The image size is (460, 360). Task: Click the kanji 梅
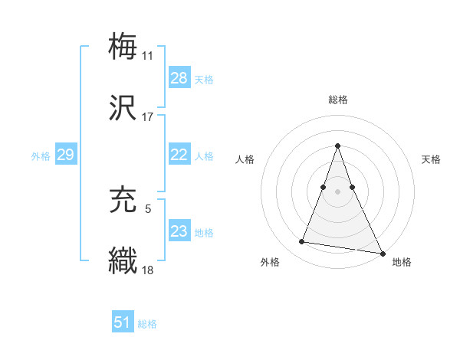pyautogui.click(x=123, y=46)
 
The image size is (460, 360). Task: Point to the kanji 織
pyautogui.click(x=123, y=260)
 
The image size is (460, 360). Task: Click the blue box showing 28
pyautogui.click(x=179, y=78)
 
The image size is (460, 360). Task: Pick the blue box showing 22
pyautogui.click(x=179, y=155)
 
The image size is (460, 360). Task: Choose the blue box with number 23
pyautogui.click(x=179, y=231)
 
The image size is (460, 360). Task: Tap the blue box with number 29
pyautogui.click(x=65, y=155)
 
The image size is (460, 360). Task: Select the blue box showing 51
pyautogui.click(x=123, y=322)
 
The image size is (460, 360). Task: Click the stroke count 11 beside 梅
pyautogui.click(x=147, y=55)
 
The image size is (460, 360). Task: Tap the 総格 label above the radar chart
pyautogui.click(x=338, y=100)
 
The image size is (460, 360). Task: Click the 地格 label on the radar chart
pyautogui.click(x=402, y=262)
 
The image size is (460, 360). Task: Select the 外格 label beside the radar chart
pyautogui.click(x=270, y=262)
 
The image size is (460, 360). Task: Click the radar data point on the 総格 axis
pyautogui.click(x=338, y=146)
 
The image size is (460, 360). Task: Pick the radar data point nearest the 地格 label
pyautogui.click(x=382, y=253)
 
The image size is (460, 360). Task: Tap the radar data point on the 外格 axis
pyautogui.click(x=302, y=242)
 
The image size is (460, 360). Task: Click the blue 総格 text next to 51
pyautogui.click(x=147, y=324)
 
